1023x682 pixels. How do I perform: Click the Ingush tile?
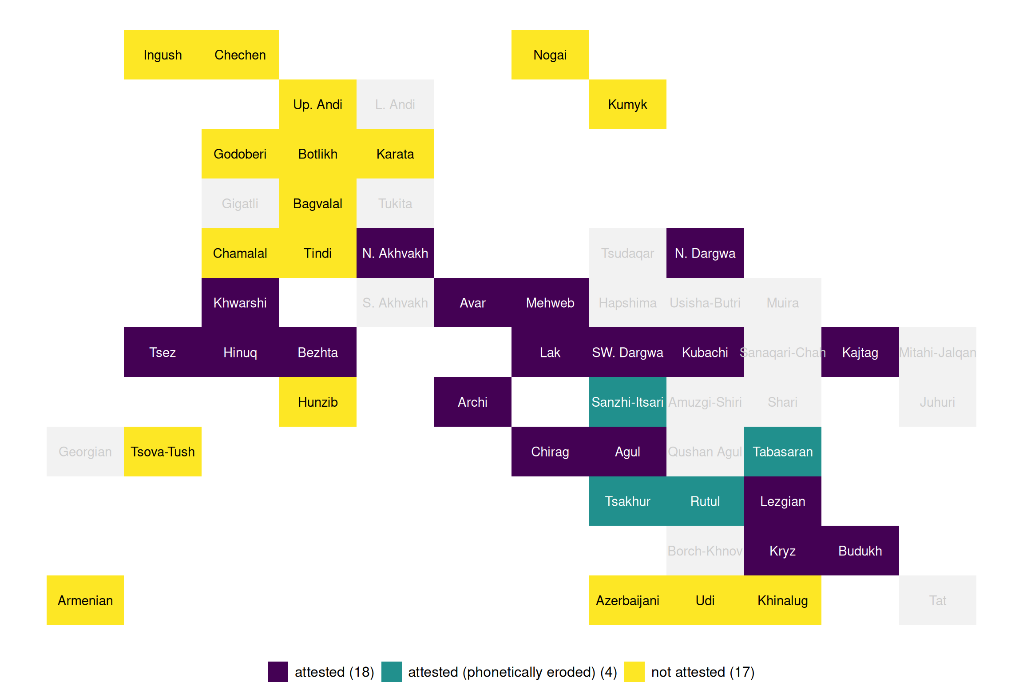coord(163,55)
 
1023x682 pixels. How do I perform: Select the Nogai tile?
coord(550,55)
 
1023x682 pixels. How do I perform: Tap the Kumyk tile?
coord(627,104)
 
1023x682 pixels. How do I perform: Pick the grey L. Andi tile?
coord(395,104)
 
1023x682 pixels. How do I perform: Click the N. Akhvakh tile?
coord(395,253)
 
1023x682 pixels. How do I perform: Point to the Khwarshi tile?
coord(240,303)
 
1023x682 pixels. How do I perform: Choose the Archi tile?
coord(472,402)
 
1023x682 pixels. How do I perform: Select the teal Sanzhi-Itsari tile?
coord(627,402)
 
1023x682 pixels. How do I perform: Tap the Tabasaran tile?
coord(782,452)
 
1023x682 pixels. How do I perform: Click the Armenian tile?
coord(85,600)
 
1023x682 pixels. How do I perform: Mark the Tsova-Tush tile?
coord(163,452)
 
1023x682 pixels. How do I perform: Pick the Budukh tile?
coord(860,551)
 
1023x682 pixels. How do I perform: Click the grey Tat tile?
coord(937,600)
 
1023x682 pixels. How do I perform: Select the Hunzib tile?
coord(317,402)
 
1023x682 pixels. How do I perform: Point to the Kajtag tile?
coord(860,352)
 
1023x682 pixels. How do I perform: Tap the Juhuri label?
coord(937,402)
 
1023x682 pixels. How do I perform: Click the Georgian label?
coord(85,452)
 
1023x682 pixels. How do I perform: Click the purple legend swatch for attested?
coord(278,671)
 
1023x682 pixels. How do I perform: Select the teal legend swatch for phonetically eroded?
coord(391,671)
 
